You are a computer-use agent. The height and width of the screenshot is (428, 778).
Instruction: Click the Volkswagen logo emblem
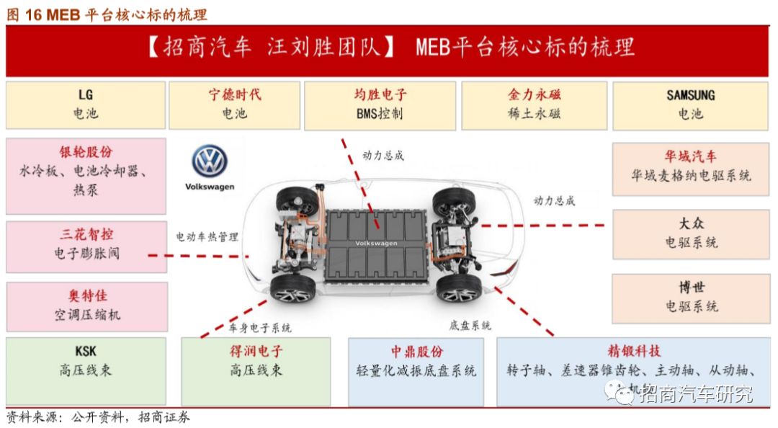pyautogui.click(x=210, y=161)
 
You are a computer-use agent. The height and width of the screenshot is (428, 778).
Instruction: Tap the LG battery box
pyautogui.click(x=86, y=104)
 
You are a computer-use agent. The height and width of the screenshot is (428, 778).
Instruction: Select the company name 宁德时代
pyautogui.click(x=235, y=95)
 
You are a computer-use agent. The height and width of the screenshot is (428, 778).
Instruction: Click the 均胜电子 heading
pyautogui.click(x=380, y=95)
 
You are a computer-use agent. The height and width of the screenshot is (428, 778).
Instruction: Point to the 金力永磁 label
pyautogui.click(x=535, y=95)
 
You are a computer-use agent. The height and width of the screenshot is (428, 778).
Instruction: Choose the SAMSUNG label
pyautogui.click(x=690, y=95)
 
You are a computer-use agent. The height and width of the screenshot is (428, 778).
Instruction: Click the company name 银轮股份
pyautogui.click(x=86, y=152)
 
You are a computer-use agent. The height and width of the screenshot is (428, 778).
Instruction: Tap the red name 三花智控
pyautogui.click(x=86, y=235)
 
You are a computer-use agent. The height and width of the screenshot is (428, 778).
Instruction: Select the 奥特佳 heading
pyautogui.click(x=86, y=296)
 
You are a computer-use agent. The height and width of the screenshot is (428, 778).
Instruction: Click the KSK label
pyautogui.click(x=86, y=352)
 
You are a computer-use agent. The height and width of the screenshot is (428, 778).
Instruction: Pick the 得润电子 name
pyautogui.click(x=256, y=352)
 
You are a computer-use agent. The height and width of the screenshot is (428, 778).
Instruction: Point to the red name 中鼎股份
pyautogui.click(x=416, y=352)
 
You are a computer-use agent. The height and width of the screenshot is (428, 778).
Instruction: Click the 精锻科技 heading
pyautogui.click(x=634, y=352)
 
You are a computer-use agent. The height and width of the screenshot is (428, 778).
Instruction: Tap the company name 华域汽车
pyautogui.click(x=691, y=156)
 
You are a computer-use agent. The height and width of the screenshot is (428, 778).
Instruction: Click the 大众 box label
pyautogui.click(x=691, y=223)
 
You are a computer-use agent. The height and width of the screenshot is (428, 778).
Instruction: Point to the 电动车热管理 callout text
pyautogui.click(x=207, y=236)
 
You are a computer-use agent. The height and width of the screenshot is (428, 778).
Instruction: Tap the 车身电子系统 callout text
pyautogui.click(x=260, y=328)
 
